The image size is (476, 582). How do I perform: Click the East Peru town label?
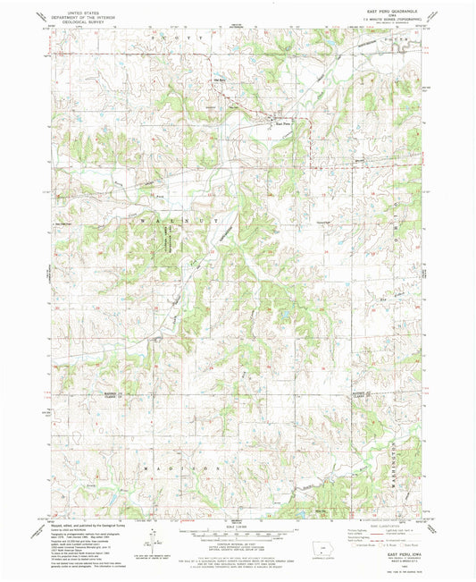pyautogui.click(x=282, y=122)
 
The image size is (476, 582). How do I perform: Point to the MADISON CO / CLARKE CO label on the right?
pyautogui.click(x=359, y=394)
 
